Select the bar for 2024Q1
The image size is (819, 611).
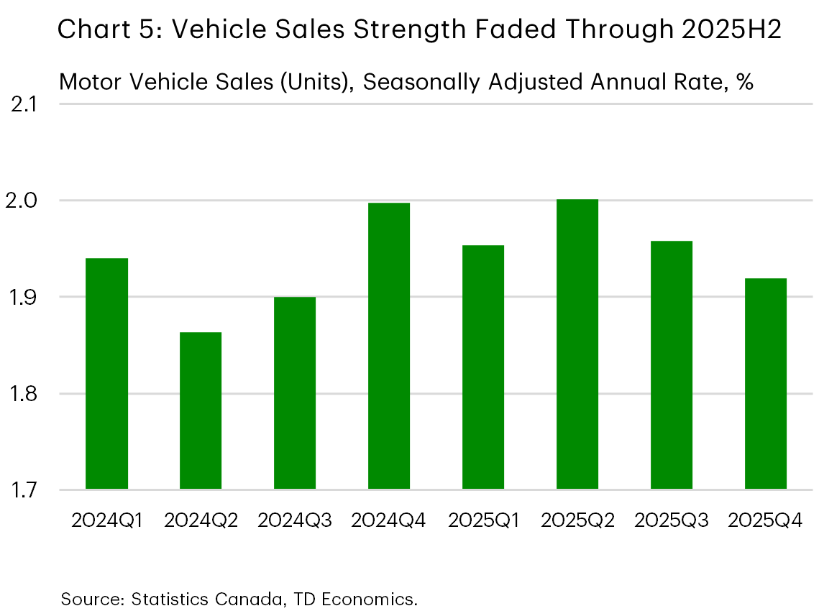click(106, 374)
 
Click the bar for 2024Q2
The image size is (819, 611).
click(201, 410)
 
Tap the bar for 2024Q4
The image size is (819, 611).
click(389, 346)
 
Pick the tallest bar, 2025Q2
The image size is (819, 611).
click(577, 344)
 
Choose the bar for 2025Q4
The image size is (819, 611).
click(766, 384)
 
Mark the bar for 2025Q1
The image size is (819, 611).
click(483, 367)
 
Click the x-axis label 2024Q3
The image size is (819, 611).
click(295, 520)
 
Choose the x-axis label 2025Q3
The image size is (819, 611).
click(672, 520)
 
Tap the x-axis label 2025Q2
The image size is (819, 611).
click(577, 520)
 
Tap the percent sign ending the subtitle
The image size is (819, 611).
click(744, 82)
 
